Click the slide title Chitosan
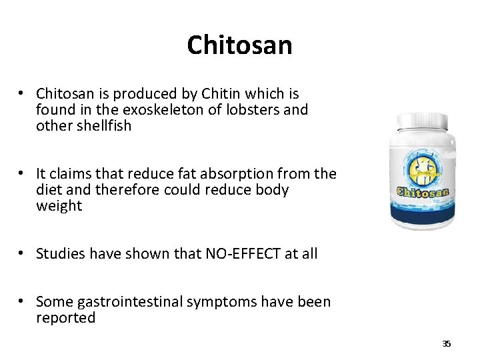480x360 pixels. point(239,45)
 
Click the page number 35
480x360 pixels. point(446,344)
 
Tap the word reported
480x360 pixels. point(66,318)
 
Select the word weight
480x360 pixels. point(59,206)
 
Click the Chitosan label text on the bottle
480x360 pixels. point(423,192)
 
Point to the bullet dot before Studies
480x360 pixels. point(23,253)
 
